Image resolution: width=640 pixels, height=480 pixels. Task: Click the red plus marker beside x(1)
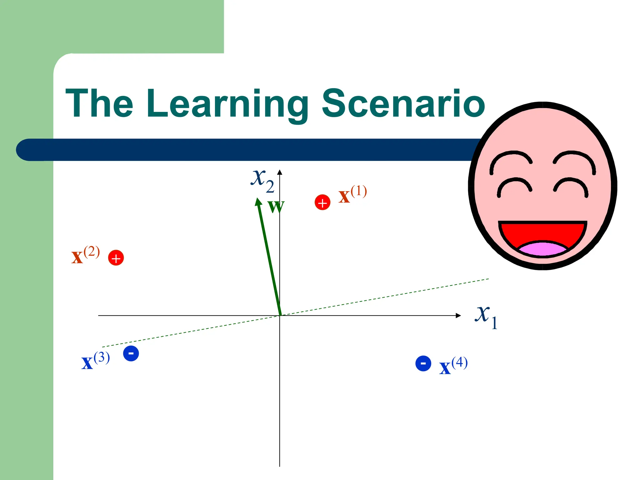pos(322,202)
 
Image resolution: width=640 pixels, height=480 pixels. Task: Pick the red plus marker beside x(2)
pos(116,258)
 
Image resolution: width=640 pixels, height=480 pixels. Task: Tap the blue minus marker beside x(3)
pos(131,353)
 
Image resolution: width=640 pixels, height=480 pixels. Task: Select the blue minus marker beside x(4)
pos(423,363)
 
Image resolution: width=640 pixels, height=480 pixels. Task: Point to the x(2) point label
pos(85,255)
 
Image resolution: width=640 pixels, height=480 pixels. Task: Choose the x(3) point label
pos(95,361)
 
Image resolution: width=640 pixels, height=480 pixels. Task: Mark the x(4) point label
pos(453,366)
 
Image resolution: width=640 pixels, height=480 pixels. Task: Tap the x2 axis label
pos(262,181)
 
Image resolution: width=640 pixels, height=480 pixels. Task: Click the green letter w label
pos(276,207)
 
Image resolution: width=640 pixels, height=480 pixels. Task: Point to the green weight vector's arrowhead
pos(258,202)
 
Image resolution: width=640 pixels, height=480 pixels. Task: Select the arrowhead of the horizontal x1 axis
pos(458,316)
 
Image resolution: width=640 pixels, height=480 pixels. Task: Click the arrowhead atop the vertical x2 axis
pos(280,172)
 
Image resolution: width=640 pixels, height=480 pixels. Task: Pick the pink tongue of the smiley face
pos(542,248)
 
